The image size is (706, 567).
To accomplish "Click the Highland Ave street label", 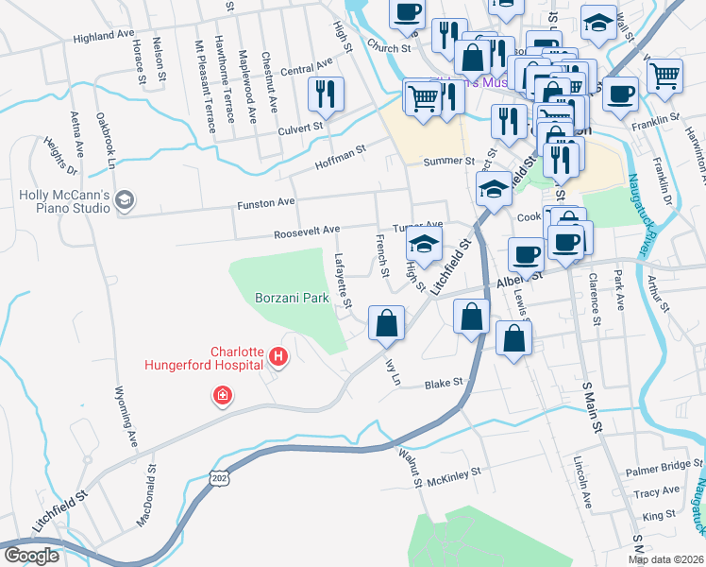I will point(104,36).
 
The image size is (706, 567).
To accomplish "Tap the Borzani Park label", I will point(292,298).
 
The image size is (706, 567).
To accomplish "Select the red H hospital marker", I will point(278,356).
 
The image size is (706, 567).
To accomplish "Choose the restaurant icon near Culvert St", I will point(326,94).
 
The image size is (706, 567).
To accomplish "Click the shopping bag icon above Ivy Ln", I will point(386,323).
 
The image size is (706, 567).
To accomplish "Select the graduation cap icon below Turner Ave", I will point(425,244).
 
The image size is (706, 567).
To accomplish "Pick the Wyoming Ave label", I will point(126,417).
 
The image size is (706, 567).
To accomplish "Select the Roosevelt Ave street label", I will point(306,231).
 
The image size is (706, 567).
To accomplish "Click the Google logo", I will point(31,556).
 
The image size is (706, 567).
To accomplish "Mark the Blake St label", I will point(444,384).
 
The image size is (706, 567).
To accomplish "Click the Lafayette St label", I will point(343,280).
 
